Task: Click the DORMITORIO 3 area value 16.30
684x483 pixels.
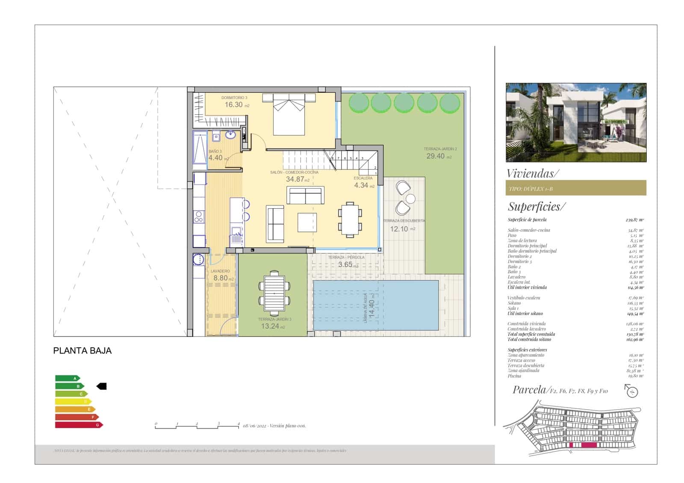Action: [234, 105]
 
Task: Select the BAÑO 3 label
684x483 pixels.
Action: [215, 152]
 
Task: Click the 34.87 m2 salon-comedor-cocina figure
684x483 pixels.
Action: [295, 179]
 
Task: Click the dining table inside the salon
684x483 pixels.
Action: [350, 219]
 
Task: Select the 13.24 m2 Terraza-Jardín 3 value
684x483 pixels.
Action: [270, 326]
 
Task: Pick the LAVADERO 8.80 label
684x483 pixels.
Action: [221, 278]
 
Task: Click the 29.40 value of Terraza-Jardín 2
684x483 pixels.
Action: [436, 156]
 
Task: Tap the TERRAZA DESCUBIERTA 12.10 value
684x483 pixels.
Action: [399, 229]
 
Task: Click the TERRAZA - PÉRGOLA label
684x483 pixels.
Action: [346, 258]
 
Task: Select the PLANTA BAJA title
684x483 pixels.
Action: [82, 351]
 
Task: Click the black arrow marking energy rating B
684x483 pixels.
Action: [102, 386]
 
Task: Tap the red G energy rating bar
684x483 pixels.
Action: [78, 425]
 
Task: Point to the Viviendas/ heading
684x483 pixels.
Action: [532, 173]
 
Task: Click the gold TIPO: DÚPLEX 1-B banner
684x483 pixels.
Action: [575, 188]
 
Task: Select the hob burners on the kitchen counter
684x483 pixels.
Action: [199, 217]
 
